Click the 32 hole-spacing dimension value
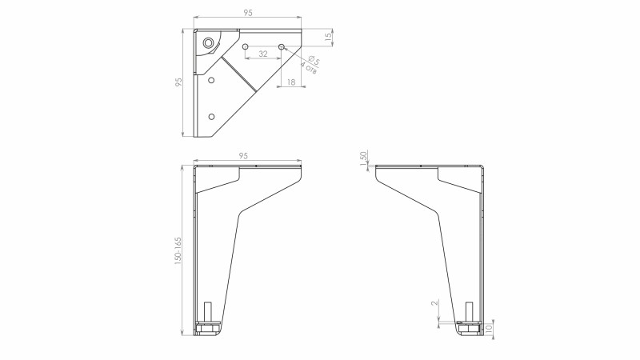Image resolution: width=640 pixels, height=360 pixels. point(263,54)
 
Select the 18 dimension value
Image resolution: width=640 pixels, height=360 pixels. point(291,82)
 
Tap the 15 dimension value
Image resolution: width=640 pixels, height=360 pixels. point(328,37)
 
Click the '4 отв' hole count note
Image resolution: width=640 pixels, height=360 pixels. point(309,68)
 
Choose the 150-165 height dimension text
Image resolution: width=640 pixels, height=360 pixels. point(178,251)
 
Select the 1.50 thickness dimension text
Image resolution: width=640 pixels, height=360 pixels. point(364,158)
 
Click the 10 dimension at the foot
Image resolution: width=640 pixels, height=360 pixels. point(490,327)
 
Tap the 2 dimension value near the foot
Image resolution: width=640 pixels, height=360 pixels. point(435,302)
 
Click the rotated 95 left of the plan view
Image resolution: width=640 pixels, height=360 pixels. point(178,82)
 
